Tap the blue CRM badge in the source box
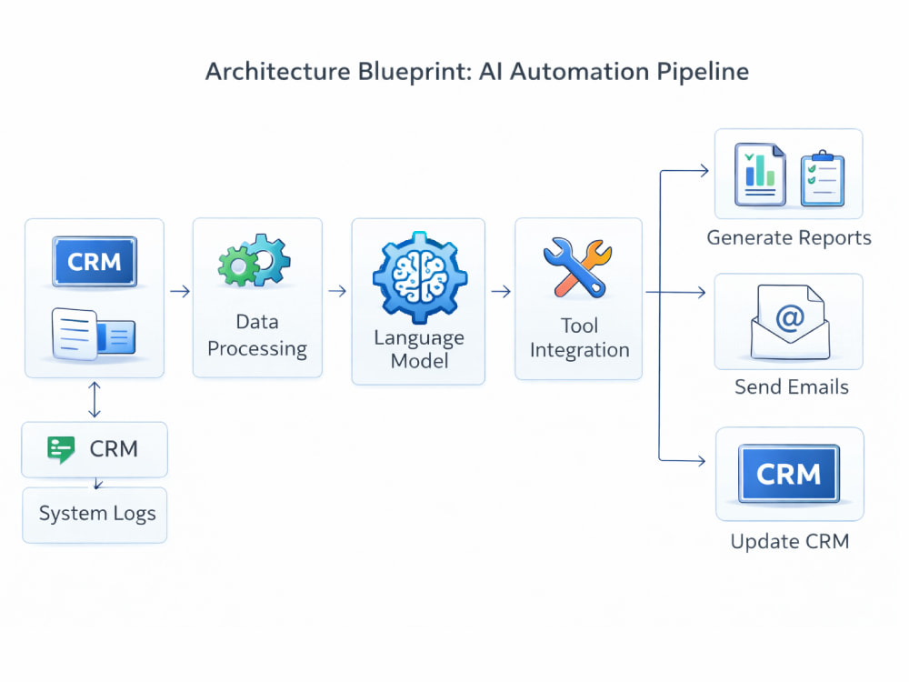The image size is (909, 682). click(x=95, y=262)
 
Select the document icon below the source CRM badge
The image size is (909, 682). click(x=94, y=334)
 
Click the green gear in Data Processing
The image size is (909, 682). click(x=237, y=266)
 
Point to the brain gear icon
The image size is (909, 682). click(x=419, y=276)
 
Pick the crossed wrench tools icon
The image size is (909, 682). click(x=577, y=266)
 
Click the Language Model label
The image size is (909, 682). click(x=418, y=349)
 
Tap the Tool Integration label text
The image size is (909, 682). click(x=579, y=338)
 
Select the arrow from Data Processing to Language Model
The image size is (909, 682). click(x=337, y=291)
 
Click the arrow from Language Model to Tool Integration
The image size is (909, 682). click(x=501, y=291)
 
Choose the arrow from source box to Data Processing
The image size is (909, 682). click(x=180, y=291)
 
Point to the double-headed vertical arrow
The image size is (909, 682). click(x=95, y=399)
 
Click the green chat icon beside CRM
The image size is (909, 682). click(x=61, y=449)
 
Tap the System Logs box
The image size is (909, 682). click(x=95, y=515)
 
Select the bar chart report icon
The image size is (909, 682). click(x=760, y=174)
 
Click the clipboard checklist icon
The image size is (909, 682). click(x=822, y=178)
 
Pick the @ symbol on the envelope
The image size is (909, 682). click(x=790, y=317)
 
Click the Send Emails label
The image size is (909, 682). click(x=792, y=386)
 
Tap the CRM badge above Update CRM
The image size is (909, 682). click(x=788, y=474)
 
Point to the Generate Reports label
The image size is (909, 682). click(x=789, y=237)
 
